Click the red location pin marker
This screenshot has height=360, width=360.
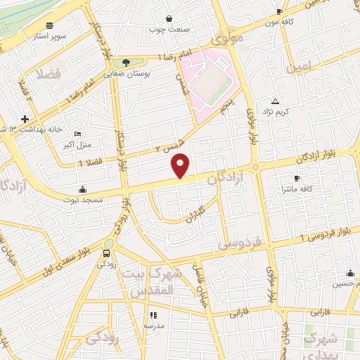(x=181, y=165)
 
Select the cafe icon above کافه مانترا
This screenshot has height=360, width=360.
(x=297, y=178)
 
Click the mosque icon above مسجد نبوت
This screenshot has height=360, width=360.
(x=83, y=188)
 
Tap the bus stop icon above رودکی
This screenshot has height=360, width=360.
(x=106, y=253)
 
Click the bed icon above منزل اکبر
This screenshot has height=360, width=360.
(x=77, y=134)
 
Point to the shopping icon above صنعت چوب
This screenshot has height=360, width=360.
(x=169, y=19)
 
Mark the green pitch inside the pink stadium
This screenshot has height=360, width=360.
(x=212, y=84)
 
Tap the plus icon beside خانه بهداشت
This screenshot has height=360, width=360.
(x=25, y=119)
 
